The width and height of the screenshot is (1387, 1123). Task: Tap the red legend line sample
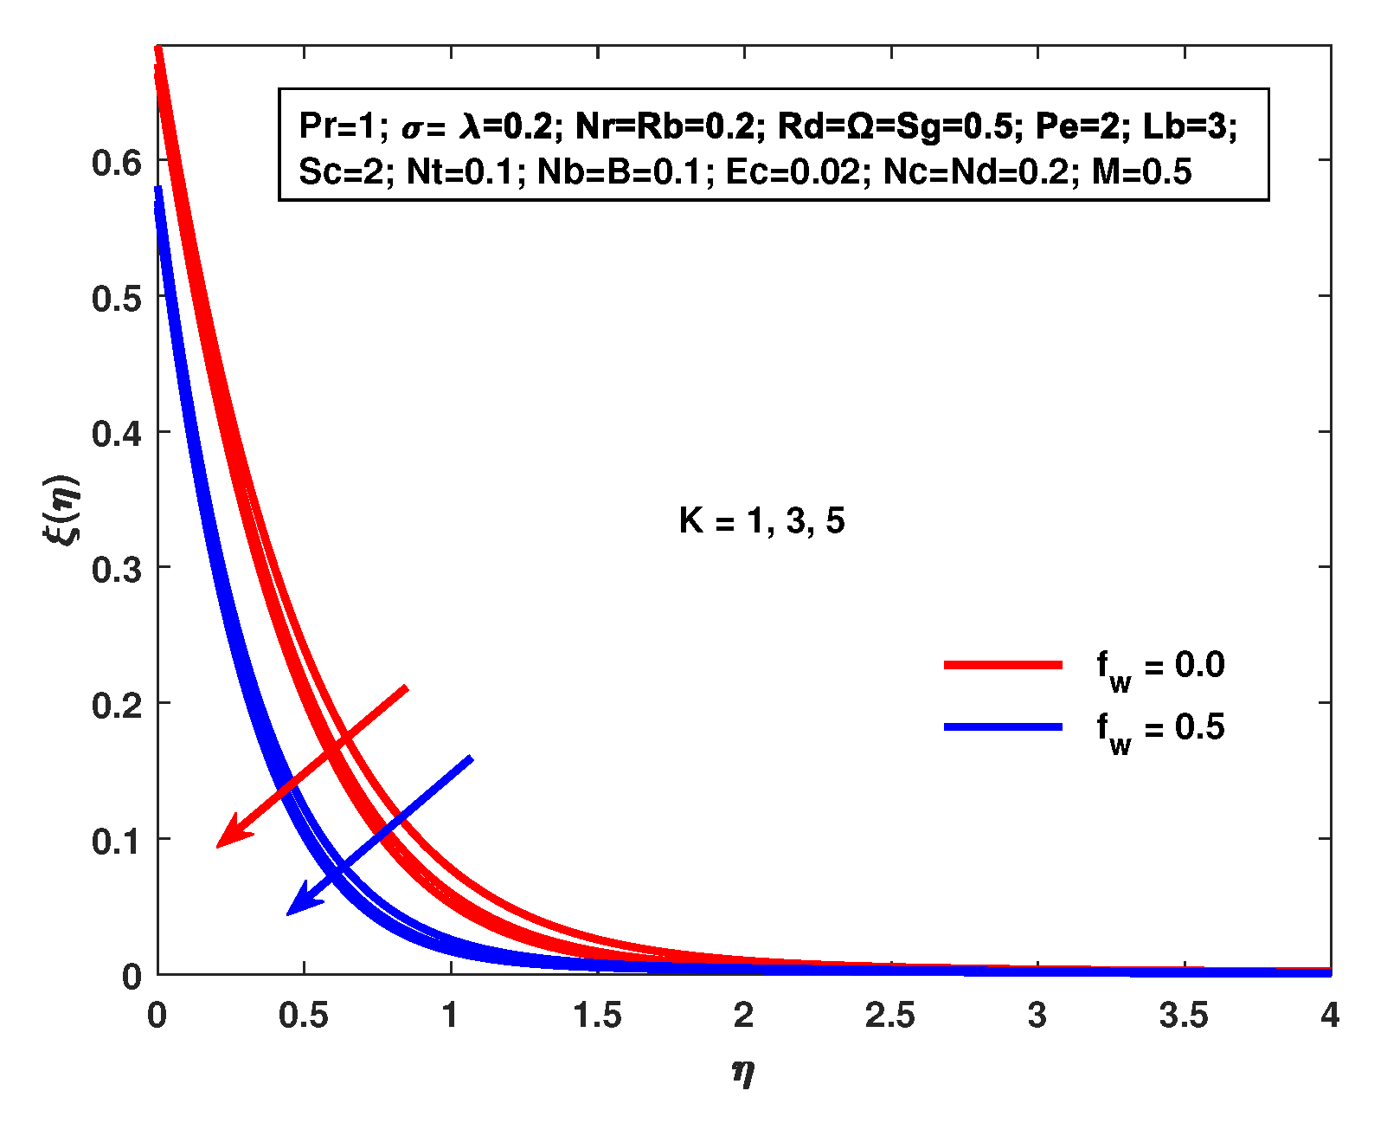point(1003,664)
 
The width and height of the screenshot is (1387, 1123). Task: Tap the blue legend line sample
point(1003,726)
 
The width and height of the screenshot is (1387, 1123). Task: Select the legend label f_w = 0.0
point(1160,666)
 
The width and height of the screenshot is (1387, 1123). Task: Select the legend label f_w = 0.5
point(1160,728)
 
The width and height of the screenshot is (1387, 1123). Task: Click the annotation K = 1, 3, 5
point(761,520)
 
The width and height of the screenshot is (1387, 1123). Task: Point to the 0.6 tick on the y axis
point(116,162)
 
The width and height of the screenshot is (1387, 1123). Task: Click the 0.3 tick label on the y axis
point(116,569)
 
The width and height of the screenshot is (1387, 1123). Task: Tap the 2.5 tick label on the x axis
point(890,1016)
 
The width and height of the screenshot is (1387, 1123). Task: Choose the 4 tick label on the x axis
point(1329,1016)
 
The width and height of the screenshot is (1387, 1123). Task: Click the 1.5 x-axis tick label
point(597,1016)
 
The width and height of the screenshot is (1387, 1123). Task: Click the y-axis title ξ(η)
point(61,508)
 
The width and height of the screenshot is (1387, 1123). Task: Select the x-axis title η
point(743,1073)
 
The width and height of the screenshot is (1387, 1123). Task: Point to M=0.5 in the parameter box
point(1141,172)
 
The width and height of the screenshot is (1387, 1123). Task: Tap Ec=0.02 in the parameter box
point(793,172)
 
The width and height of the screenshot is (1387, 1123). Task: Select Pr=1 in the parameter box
point(337,126)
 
